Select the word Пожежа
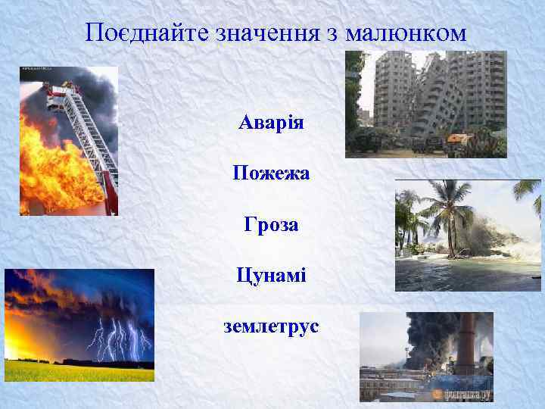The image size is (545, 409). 271,173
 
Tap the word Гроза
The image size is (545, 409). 271,225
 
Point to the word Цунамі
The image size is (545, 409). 271,275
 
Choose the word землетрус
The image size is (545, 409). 271,326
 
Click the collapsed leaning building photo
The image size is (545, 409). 425,104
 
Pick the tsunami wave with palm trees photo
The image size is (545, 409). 468,235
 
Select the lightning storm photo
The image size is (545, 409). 79,325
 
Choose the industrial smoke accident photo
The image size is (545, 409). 426,356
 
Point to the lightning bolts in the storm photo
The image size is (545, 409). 117,337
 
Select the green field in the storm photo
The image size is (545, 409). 68,371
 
